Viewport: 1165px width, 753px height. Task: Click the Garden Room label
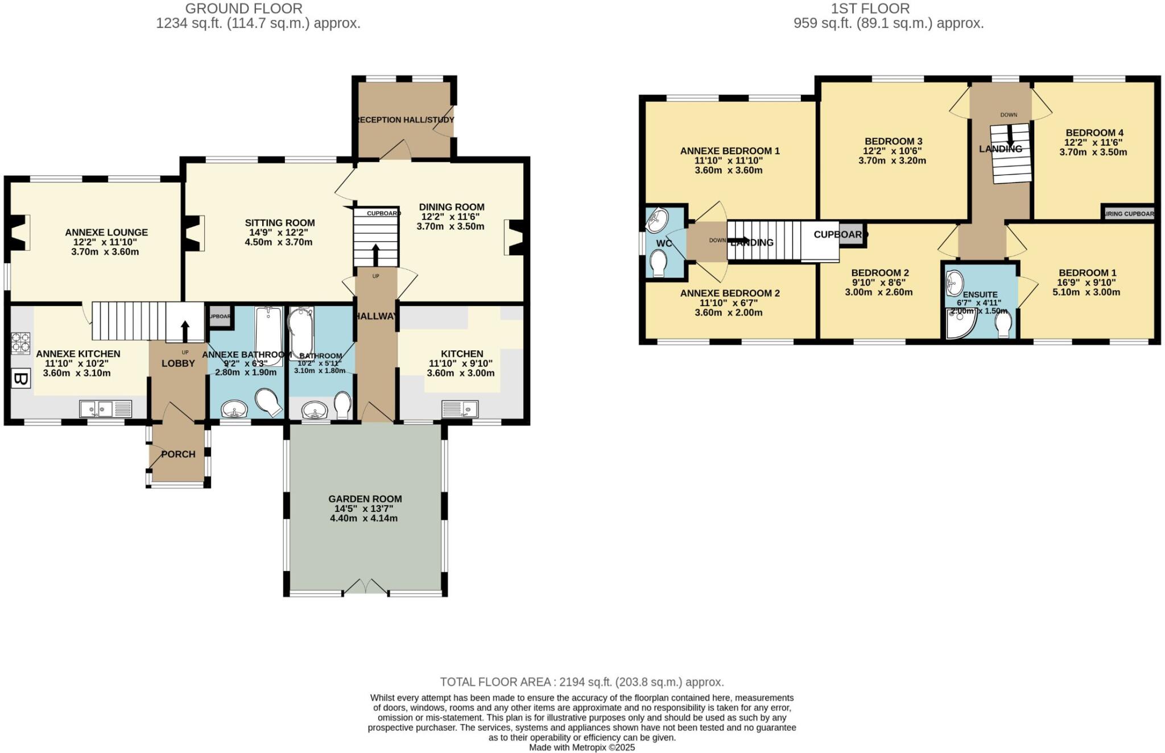click(x=365, y=499)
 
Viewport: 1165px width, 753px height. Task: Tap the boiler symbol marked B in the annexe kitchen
click(x=20, y=379)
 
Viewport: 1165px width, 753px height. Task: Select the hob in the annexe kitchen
click(x=20, y=343)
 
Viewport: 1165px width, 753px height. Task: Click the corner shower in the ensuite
click(x=960, y=324)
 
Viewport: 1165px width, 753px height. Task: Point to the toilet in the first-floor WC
click(x=659, y=264)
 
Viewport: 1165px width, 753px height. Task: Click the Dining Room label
click(x=452, y=207)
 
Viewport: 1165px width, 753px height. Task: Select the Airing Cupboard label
click(x=1129, y=214)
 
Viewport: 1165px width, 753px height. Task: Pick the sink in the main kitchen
click(x=460, y=408)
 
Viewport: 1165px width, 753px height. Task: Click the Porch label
click(x=178, y=454)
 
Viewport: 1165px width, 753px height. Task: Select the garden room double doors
click(x=366, y=587)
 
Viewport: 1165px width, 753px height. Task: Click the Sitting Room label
click(x=279, y=223)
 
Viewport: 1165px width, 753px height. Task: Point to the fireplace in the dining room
click(x=514, y=237)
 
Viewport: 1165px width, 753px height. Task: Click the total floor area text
click(x=581, y=682)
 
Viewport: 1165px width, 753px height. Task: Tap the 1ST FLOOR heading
click(x=870, y=9)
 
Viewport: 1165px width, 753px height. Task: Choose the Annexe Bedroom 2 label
click(x=730, y=293)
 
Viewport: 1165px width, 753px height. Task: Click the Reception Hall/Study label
click(x=404, y=120)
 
